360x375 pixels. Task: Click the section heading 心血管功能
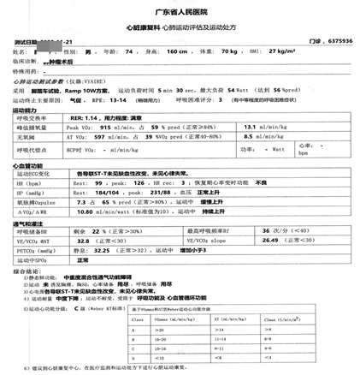(x=27, y=165)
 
